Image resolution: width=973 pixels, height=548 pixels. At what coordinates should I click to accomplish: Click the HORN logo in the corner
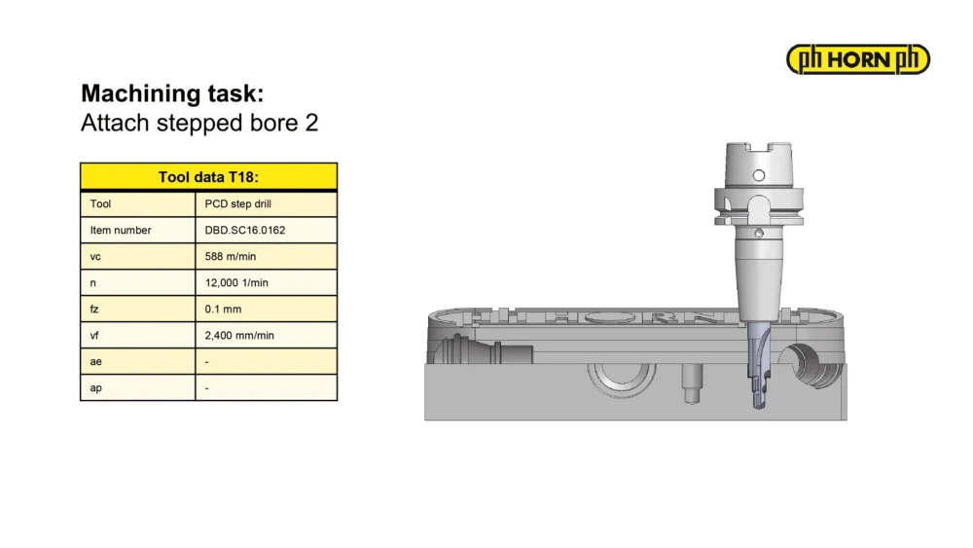point(857,59)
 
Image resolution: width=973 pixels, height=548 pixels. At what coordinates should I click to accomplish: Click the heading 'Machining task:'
point(172,93)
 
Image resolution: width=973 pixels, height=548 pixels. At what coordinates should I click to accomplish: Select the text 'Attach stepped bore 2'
point(199,123)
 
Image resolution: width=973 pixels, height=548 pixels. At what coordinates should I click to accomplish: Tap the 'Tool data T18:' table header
point(208,177)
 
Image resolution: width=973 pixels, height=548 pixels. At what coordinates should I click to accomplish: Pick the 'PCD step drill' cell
point(237,204)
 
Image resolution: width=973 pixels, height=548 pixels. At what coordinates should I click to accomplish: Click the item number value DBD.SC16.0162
point(245,231)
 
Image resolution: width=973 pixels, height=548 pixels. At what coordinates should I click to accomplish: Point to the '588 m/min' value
point(231,256)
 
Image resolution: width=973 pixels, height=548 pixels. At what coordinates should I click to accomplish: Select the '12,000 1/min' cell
point(236,283)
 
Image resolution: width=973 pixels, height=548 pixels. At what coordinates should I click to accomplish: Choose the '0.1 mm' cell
point(223,310)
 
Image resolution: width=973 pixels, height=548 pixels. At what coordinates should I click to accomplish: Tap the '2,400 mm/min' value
point(239,336)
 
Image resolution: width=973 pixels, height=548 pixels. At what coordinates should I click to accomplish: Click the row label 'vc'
point(95,257)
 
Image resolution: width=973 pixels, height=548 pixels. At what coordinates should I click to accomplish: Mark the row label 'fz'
point(94,310)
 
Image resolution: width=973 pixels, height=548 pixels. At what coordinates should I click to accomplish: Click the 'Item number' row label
point(121,231)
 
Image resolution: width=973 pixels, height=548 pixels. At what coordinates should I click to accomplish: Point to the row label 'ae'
point(95,362)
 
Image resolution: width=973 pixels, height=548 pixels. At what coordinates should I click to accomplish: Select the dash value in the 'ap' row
point(206,388)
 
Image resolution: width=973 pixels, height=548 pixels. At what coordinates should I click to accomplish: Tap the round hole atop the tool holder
point(758,175)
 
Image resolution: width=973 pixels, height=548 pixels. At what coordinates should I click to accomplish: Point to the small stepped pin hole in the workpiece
point(691,384)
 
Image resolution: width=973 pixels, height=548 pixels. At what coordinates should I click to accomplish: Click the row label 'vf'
point(94,336)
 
